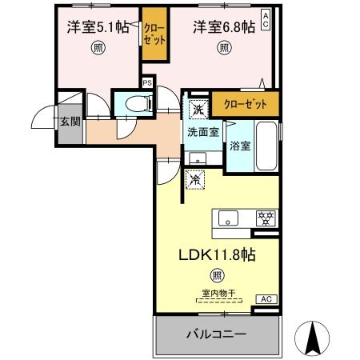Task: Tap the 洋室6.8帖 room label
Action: pyautogui.click(x=223, y=26)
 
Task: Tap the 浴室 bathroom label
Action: pyautogui.click(x=240, y=146)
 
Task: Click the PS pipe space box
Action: pyautogui.click(x=147, y=82)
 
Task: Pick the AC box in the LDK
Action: pyautogui.click(x=265, y=298)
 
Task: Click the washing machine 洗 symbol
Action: pyautogui.click(x=197, y=109)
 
